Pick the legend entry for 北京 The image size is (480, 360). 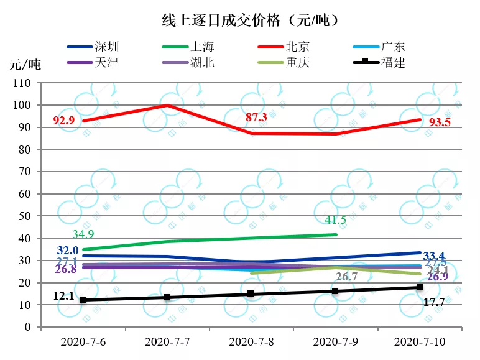click(x=298, y=47)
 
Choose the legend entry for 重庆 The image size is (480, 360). click(x=298, y=62)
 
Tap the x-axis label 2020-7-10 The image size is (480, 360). click(x=420, y=342)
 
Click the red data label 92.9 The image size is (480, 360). click(x=64, y=120)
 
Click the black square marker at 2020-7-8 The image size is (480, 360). click(x=251, y=293)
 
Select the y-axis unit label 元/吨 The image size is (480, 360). click(x=25, y=65)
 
